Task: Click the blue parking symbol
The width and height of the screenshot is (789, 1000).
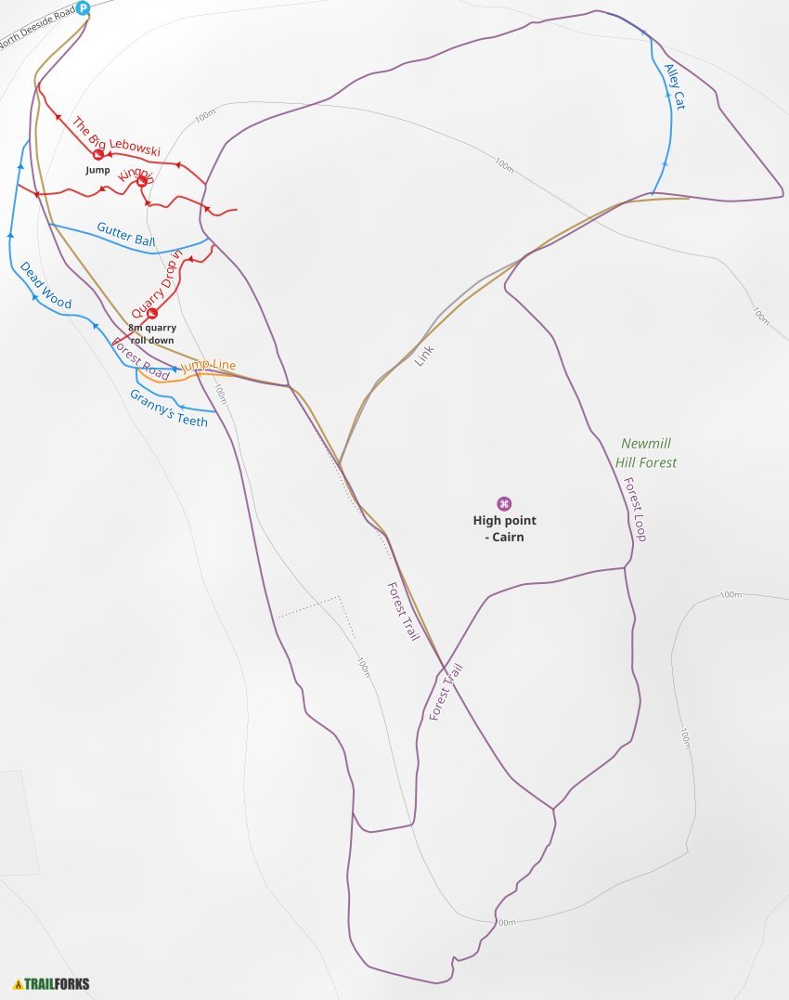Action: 83,8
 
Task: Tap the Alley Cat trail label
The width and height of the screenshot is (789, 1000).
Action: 675,86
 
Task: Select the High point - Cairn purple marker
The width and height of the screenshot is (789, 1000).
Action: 504,503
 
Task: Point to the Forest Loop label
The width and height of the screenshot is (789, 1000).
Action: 635,510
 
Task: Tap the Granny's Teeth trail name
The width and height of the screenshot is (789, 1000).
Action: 168,407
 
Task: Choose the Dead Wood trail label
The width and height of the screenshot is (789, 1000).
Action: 45,285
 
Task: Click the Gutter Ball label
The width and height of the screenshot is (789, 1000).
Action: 126,235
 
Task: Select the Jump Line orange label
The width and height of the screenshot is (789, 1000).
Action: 208,366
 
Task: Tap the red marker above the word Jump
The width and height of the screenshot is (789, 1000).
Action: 98,155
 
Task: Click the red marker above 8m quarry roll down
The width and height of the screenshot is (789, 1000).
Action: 152,313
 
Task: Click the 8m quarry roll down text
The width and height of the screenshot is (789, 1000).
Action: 152,333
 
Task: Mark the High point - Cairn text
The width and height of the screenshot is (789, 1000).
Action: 504,528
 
